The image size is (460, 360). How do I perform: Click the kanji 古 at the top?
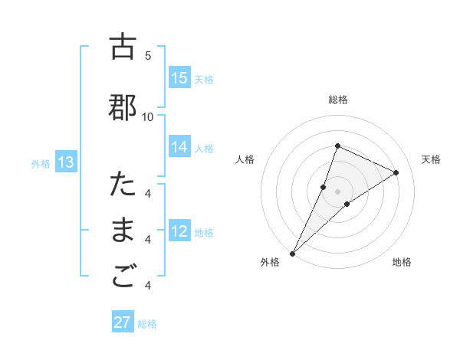(123, 47)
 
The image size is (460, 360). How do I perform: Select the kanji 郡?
(123, 108)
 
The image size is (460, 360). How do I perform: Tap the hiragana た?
(123, 185)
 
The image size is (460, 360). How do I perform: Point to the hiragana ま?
(123, 231)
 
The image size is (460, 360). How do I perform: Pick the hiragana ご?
(123, 278)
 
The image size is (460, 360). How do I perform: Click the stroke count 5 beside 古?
(148, 56)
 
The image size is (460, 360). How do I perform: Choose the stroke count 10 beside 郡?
(148, 116)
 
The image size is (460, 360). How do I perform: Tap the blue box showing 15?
(179, 78)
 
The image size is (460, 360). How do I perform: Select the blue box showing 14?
(179, 147)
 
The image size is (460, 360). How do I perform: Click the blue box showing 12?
(179, 231)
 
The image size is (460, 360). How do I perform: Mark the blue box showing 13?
(66, 162)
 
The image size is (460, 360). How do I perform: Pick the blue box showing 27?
(123, 322)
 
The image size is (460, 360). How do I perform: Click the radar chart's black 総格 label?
(338, 100)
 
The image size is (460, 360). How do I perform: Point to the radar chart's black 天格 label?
(431, 159)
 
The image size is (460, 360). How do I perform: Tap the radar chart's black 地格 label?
(402, 263)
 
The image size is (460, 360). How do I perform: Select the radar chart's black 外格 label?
(270, 263)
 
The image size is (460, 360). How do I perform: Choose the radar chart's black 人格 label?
(245, 159)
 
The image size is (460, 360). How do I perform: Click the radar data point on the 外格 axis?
(292, 253)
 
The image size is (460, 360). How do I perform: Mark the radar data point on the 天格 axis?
(396, 172)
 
